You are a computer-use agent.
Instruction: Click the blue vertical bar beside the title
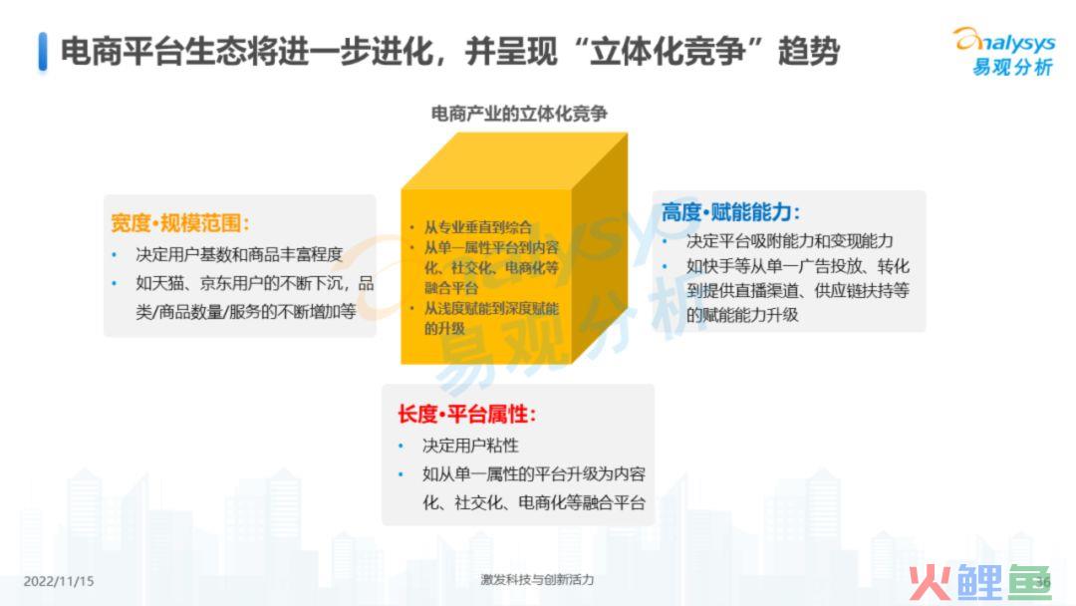[43, 52]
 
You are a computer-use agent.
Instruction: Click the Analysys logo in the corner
[1004, 52]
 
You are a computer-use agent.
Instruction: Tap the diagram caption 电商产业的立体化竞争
[519, 114]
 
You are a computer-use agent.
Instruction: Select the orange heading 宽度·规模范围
[179, 223]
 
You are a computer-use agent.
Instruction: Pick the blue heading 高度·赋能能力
[730, 212]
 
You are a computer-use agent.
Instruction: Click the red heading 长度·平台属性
[466, 415]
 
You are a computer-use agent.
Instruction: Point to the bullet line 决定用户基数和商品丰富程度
[239, 254]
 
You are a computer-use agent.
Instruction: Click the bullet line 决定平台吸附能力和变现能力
[789, 241]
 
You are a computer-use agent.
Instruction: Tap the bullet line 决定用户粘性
[470, 447]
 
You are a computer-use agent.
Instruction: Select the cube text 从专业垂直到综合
[477, 227]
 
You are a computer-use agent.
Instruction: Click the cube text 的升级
[444, 328]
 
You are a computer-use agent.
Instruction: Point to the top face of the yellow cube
[515, 161]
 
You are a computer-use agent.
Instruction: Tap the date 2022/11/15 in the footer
[59, 581]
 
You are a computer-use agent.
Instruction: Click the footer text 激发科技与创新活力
[537, 580]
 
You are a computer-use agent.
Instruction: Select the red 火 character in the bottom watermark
[930, 583]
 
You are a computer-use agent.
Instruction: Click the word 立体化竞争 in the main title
[668, 52]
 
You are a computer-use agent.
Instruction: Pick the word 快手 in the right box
[717, 266]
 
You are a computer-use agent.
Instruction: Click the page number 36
[1043, 583]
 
